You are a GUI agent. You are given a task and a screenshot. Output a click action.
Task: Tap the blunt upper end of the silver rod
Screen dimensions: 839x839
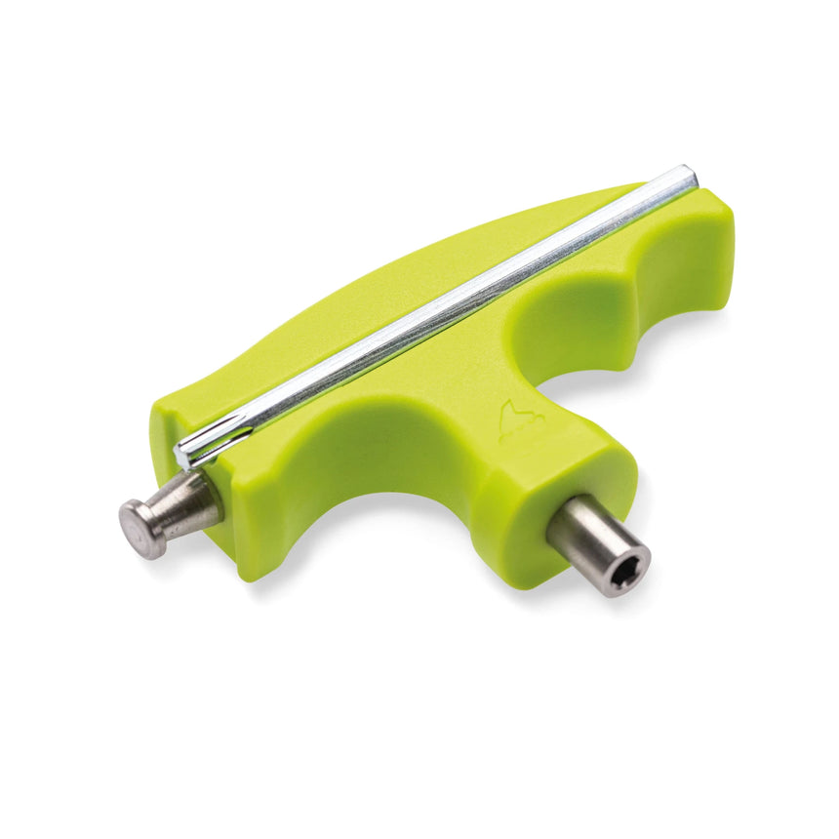coord(689,177)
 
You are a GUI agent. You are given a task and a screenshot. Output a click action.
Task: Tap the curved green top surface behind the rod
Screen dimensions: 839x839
coord(390,283)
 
